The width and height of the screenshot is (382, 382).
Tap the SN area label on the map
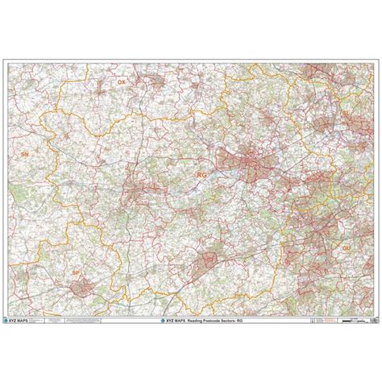click(x=25, y=152)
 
